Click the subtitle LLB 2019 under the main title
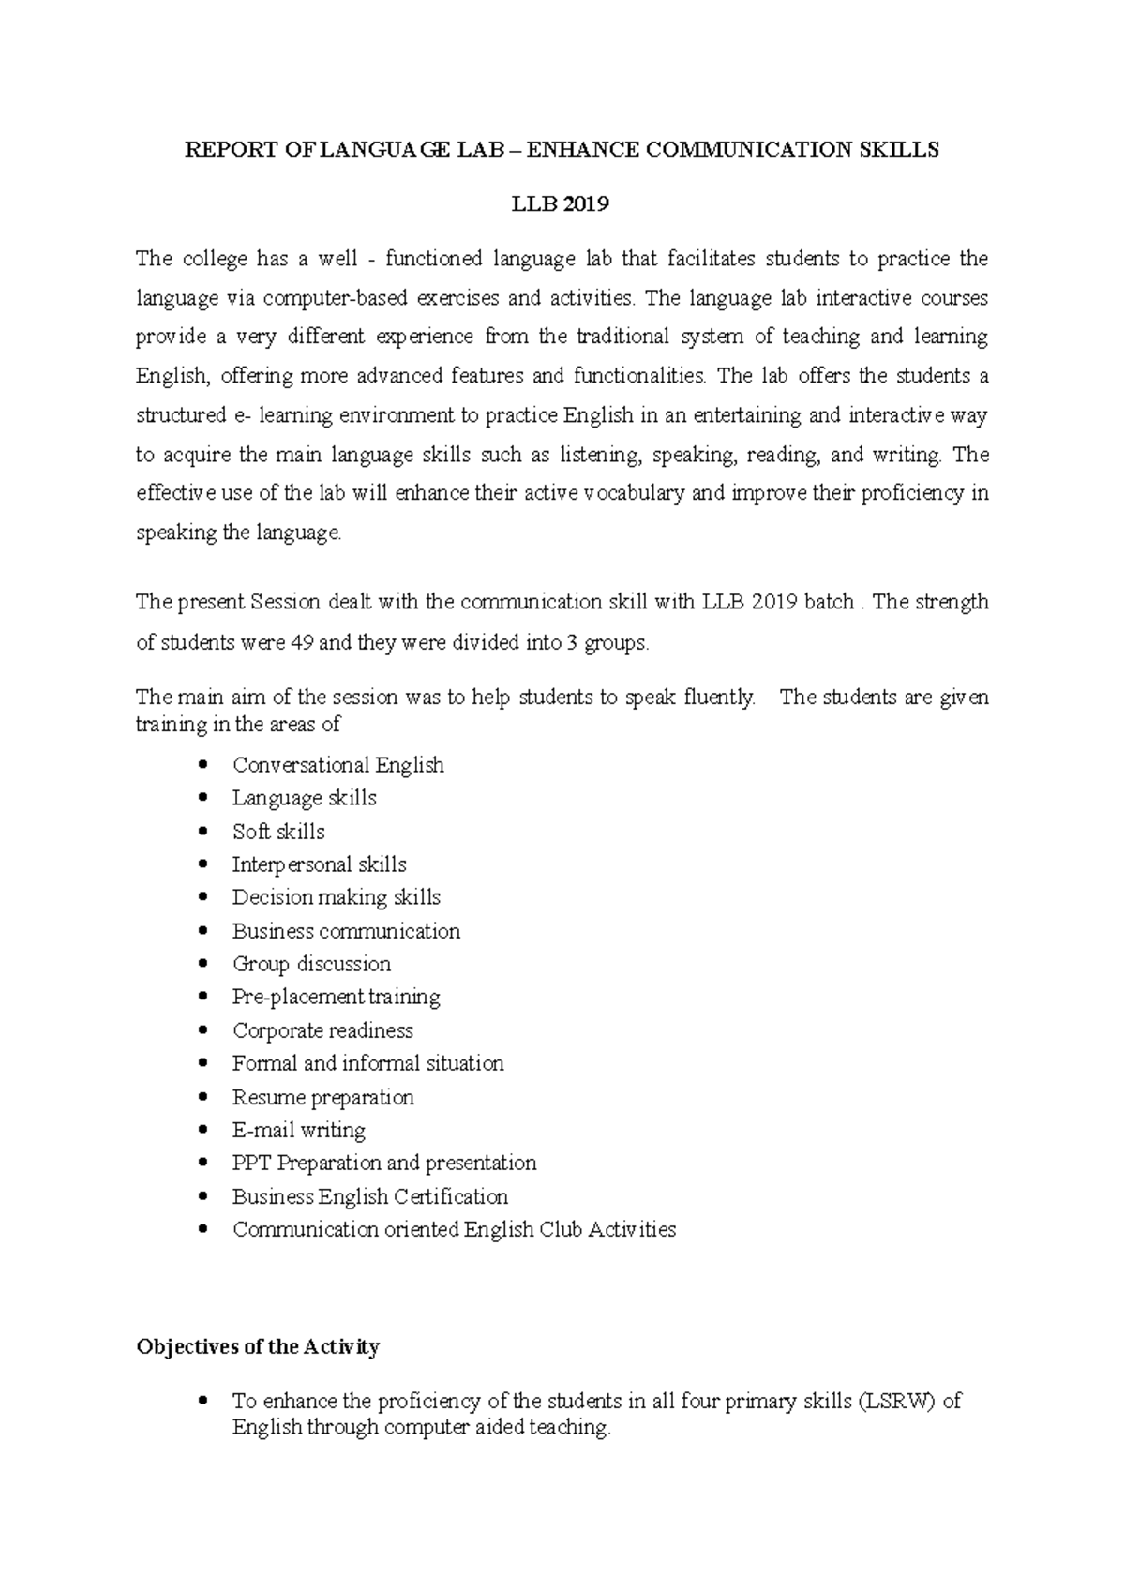point(561,204)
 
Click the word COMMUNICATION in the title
point(748,150)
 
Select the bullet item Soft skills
point(278,832)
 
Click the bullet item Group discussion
point(311,964)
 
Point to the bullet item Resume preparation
point(322,1097)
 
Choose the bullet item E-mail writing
point(298,1130)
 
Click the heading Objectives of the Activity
point(258,1347)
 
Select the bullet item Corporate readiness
point(322,1030)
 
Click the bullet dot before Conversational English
point(204,765)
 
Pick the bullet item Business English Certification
point(369,1196)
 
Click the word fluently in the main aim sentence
point(719,698)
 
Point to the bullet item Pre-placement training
point(336,997)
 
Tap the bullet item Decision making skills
point(336,897)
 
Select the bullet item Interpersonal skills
point(319,864)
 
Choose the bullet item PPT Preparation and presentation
point(384,1163)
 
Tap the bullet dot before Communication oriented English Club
point(204,1229)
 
